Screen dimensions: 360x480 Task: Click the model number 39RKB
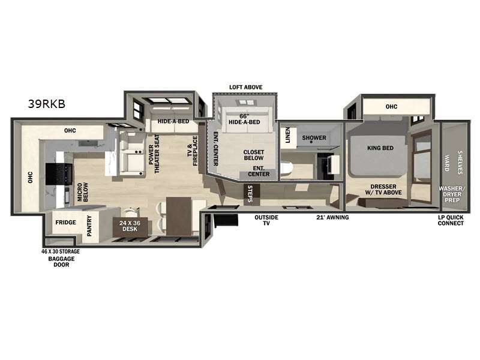tap(46, 103)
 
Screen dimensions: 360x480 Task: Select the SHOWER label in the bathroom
tap(314, 137)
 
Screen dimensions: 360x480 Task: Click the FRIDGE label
tap(65, 222)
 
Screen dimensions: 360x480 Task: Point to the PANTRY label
tap(89, 226)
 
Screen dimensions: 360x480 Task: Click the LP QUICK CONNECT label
tap(451, 220)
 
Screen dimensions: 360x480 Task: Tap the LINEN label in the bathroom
tap(288, 137)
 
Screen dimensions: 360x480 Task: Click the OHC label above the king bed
tap(391, 107)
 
